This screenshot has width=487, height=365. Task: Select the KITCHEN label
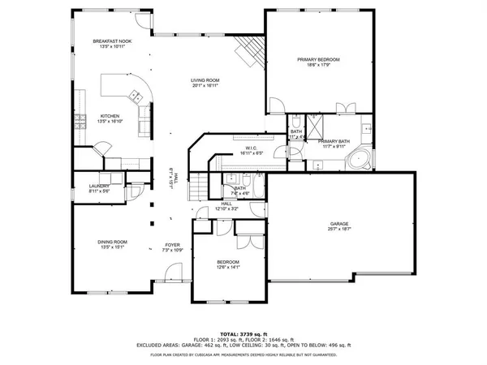point(110,116)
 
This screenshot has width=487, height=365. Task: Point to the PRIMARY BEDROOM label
point(317,60)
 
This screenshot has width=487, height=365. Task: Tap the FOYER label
point(173,245)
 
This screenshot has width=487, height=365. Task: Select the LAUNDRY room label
point(99,186)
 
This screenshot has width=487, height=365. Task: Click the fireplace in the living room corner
point(248,54)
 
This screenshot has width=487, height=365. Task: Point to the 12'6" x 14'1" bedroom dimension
point(227,268)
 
